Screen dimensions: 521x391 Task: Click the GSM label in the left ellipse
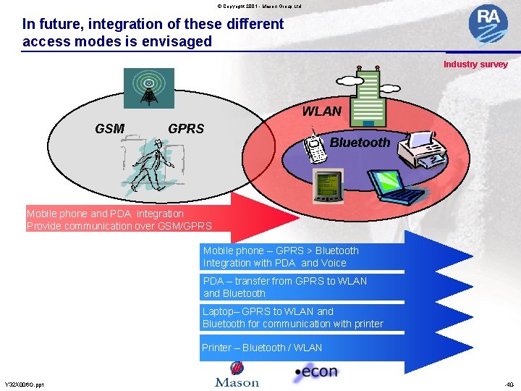109,129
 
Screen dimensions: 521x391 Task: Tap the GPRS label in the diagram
186,129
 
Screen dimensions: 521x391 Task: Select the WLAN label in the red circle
321,112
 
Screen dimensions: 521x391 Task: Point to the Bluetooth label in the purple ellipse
360,143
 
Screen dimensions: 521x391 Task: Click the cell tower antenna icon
148,88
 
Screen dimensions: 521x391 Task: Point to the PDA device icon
328,187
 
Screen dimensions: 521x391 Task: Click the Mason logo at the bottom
237,376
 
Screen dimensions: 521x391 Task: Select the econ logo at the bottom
315,373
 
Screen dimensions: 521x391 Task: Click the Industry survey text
475,64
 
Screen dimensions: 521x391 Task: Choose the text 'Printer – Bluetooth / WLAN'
262,348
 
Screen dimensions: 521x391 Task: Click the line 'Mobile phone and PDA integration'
106,214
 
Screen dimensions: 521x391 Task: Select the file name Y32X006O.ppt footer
24,384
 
